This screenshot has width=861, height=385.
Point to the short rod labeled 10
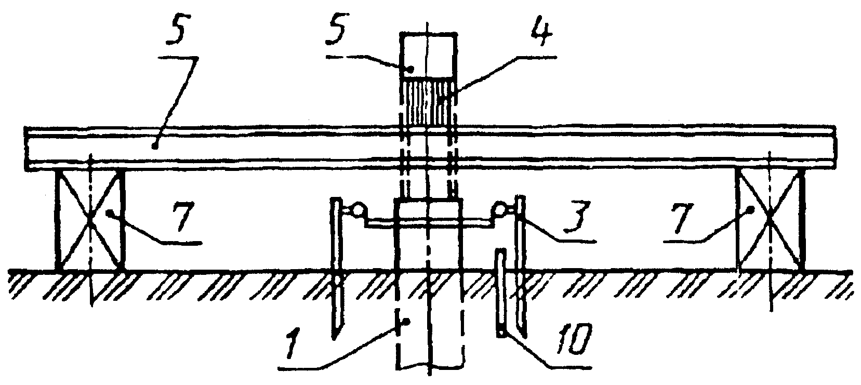(x=500, y=294)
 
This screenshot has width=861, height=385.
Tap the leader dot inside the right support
(x=751, y=210)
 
